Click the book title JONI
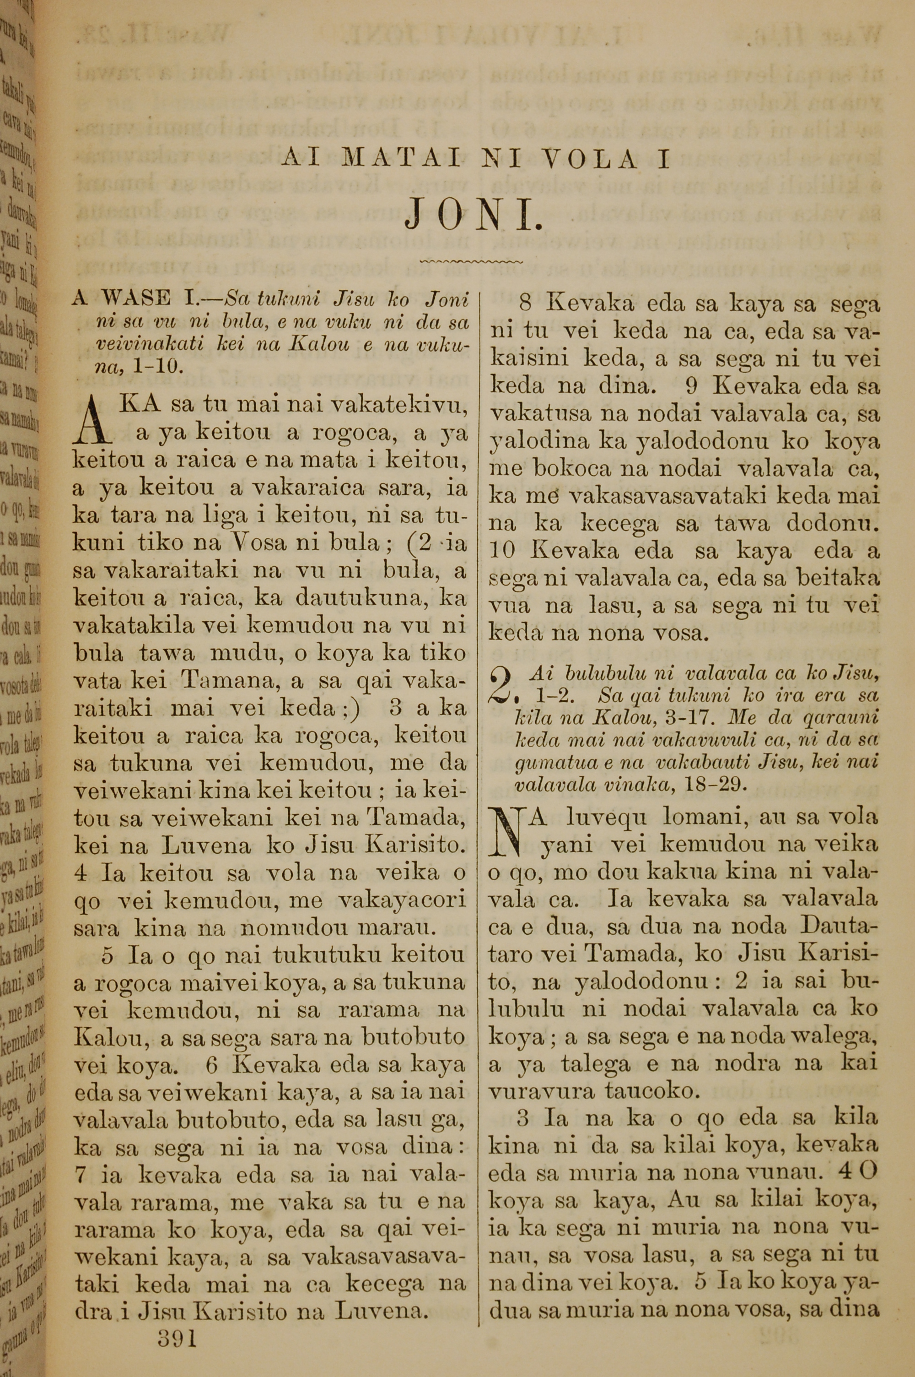[474, 216]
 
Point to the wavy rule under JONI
[472, 261]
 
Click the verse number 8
[525, 304]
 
